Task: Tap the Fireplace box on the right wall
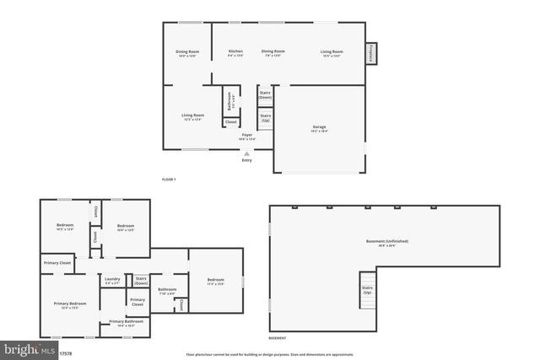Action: [370, 53]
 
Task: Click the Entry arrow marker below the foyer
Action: [246, 154]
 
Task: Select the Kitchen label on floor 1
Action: [236, 53]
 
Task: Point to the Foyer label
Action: [247, 137]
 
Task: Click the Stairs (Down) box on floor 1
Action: [265, 95]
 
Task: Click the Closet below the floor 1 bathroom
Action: [230, 122]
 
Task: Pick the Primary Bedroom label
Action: [70, 304]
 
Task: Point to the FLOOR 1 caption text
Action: [170, 180]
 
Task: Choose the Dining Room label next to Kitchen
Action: [273, 53]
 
